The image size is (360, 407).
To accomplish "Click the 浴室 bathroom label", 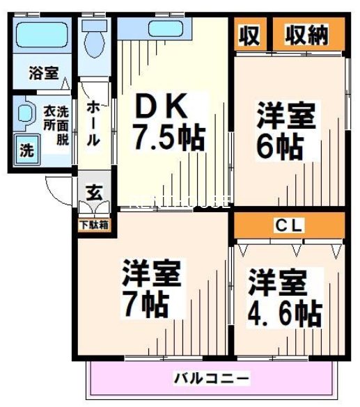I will pyautogui.click(x=43, y=72).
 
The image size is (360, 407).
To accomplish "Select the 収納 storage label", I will pyautogui.click(x=306, y=34).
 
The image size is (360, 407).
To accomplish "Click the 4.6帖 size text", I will pyautogui.click(x=285, y=313).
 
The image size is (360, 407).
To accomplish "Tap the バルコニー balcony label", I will pyautogui.click(x=211, y=379).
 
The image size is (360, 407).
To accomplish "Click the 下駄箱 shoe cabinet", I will pyautogui.click(x=93, y=225).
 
